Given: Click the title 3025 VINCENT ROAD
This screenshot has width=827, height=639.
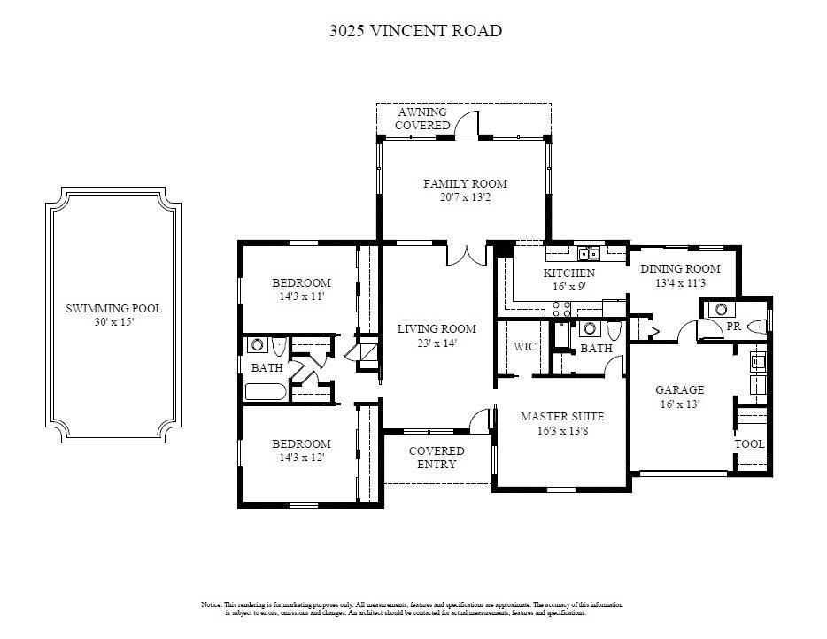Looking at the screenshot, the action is click(415, 31).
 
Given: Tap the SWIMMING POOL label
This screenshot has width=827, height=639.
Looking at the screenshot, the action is click(113, 308).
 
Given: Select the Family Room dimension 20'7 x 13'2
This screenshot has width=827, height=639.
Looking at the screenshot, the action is click(465, 197).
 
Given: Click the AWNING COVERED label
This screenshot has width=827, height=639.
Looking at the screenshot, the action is click(422, 119).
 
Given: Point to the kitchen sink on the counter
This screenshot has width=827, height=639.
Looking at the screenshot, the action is click(589, 254).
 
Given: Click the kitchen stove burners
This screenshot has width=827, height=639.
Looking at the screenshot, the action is click(561, 309).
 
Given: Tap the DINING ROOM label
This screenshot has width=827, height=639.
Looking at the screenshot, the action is click(680, 268).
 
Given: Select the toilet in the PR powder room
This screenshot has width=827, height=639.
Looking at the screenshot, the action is click(757, 327).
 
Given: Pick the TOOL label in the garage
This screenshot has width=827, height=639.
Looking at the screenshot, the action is click(749, 444).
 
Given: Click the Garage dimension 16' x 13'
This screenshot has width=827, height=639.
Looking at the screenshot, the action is click(680, 404).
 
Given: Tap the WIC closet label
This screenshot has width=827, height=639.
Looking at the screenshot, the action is click(525, 346).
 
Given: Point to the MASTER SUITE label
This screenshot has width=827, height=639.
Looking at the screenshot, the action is click(562, 417).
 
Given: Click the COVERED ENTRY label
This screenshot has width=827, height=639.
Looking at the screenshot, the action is click(437, 458).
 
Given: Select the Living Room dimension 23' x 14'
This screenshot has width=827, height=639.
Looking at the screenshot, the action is click(437, 343).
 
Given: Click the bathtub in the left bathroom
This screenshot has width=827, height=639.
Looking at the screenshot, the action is click(267, 392).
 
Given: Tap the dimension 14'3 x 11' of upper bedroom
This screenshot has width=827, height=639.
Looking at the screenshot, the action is click(302, 296).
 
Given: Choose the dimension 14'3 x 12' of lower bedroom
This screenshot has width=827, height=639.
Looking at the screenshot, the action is click(302, 458).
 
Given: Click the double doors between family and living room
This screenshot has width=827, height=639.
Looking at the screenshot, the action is click(467, 254).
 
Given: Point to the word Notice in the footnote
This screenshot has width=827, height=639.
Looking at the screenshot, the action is click(212, 604).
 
